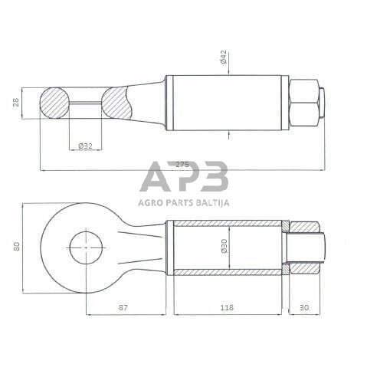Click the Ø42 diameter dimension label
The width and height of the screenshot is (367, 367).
(x=223, y=57)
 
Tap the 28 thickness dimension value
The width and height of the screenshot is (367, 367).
(x=16, y=103)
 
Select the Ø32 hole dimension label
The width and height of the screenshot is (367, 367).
(x=85, y=146)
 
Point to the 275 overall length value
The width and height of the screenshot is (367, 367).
(x=182, y=164)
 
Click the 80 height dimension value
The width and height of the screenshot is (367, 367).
(x=17, y=246)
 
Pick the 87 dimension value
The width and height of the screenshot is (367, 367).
(x=123, y=307)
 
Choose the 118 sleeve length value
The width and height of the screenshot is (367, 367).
(x=227, y=307)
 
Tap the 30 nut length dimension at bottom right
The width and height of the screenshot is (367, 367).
(x=304, y=307)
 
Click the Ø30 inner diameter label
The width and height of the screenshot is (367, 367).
(x=224, y=246)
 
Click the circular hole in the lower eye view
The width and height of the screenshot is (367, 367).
(x=86, y=247)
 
